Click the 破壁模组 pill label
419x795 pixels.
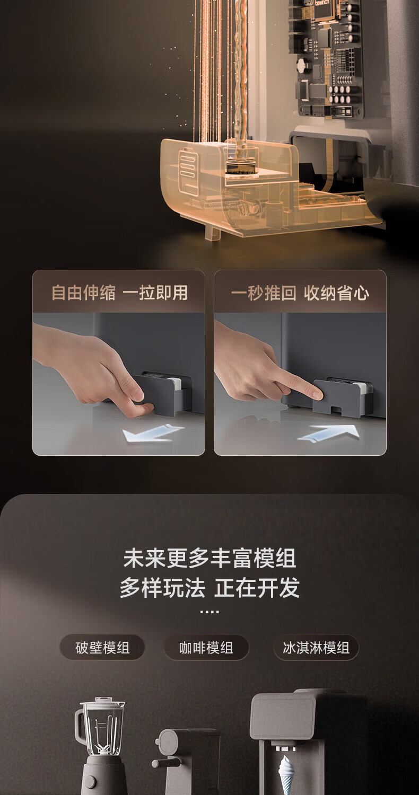click(x=102, y=648)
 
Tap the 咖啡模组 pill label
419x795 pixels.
click(x=206, y=648)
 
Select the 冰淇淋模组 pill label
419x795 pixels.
click(x=316, y=648)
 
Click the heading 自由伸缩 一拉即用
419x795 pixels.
click(x=119, y=293)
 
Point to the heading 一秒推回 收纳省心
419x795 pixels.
click(x=300, y=293)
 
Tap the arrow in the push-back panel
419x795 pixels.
click(x=329, y=434)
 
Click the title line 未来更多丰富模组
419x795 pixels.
click(x=210, y=558)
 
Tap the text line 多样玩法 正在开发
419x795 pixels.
click(x=210, y=588)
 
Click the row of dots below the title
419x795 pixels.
click(x=210, y=612)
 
